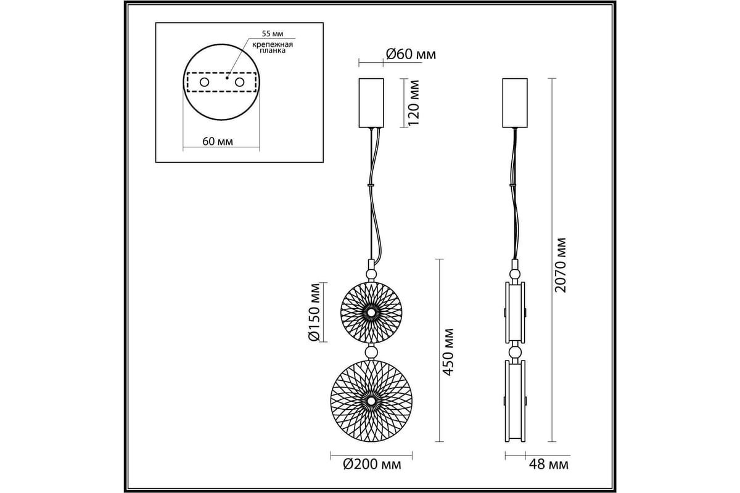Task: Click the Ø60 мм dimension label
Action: pos(411,54)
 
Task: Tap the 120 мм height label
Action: pos(414,103)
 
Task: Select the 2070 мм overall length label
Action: pos(561,265)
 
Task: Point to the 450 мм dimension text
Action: pos(448,352)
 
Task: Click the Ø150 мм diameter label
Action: pos(314,312)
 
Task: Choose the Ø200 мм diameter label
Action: pos(372,465)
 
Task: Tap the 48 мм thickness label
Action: pos(549,465)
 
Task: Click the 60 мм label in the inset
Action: pos(218,141)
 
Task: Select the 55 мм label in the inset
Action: pos(273,34)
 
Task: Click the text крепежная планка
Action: pos(273,47)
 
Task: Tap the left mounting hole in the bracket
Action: pos(205,82)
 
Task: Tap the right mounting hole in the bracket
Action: pos(239,82)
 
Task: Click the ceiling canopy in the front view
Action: pos(371,103)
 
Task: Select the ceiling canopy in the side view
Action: pos(515,103)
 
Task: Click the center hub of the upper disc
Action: pos(371,312)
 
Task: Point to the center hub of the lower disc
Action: pos(371,401)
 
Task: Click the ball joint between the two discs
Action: pos(371,351)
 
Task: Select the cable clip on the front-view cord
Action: pos(371,185)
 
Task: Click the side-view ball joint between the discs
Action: pos(515,351)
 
